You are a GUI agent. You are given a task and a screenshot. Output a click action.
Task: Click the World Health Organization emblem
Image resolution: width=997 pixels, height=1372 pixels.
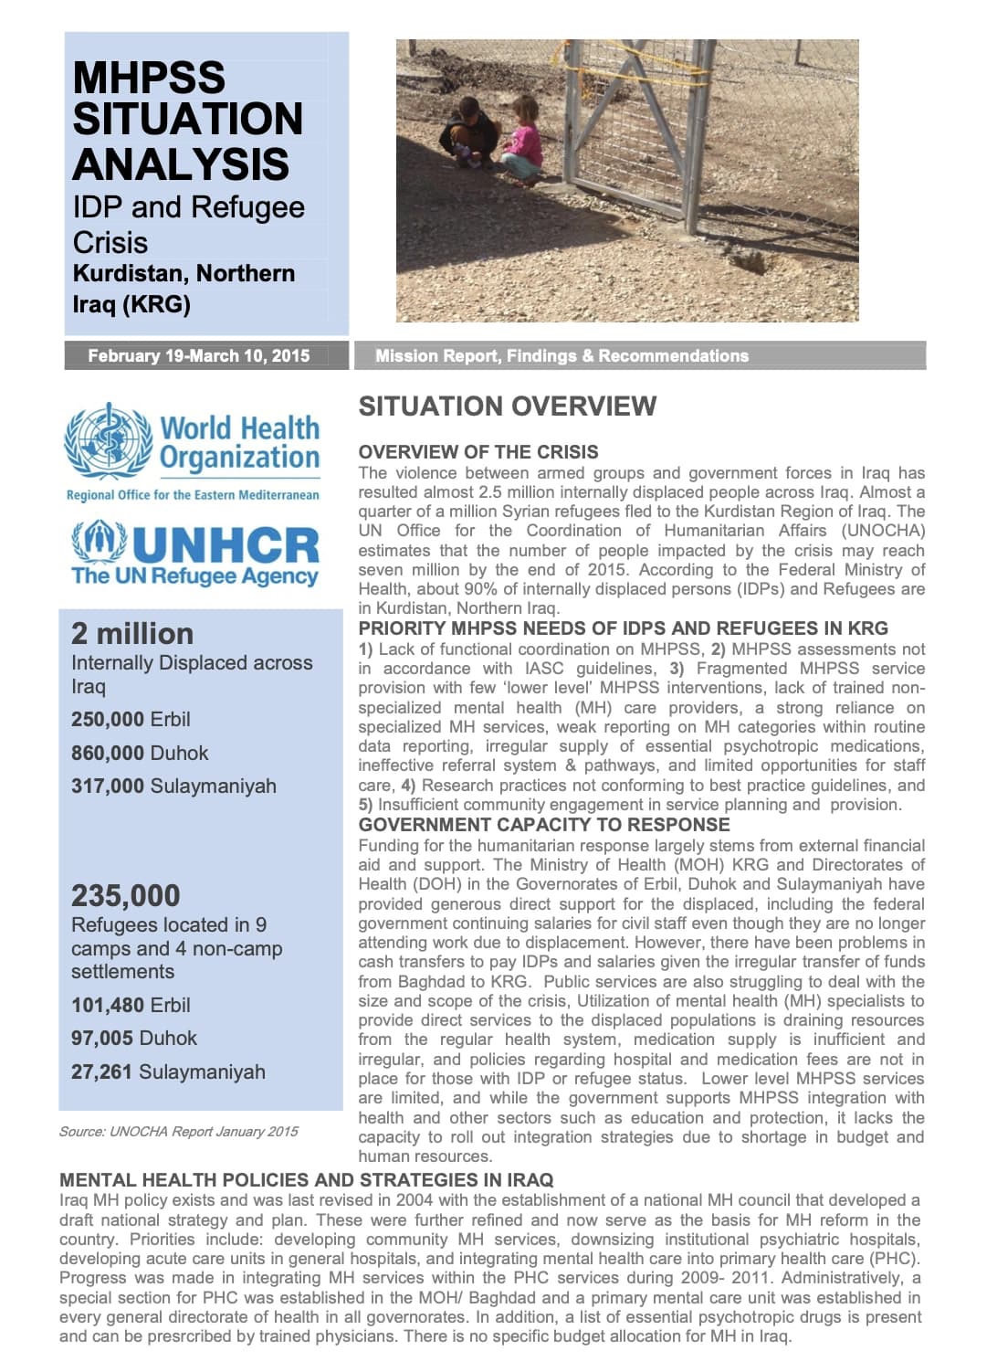click(x=108, y=440)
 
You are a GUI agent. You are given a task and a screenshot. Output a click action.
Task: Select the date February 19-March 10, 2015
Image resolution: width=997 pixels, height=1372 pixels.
click(x=198, y=356)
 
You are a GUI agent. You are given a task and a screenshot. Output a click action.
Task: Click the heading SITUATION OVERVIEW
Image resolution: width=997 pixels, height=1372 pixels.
click(x=507, y=406)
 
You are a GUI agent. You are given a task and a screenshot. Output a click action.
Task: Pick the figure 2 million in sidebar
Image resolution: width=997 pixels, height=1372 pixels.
click(x=132, y=633)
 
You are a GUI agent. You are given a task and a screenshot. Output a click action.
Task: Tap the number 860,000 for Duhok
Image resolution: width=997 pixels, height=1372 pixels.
click(x=108, y=753)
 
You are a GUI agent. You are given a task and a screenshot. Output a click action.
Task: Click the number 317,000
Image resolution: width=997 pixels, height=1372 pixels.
click(x=108, y=786)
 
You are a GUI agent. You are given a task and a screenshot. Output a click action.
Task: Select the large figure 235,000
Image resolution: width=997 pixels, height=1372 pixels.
click(x=126, y=895)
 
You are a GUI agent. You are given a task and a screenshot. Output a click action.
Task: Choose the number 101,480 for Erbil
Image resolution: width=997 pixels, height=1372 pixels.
click(x=108, y=1005)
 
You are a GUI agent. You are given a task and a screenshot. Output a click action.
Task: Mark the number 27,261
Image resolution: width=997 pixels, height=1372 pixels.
click(x=101, y=1071)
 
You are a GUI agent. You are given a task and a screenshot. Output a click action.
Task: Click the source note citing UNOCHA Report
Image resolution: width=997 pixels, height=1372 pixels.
click(x=179, y=1131)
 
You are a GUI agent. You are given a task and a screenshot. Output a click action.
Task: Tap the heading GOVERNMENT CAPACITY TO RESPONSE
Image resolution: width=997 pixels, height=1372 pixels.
click(x=544, y=825)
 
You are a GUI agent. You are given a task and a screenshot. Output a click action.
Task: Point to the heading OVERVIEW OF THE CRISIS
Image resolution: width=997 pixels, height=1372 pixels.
click(x=478, y=452)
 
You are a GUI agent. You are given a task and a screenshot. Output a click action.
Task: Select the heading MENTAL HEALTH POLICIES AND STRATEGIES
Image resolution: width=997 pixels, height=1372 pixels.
click(x=306, y=1180)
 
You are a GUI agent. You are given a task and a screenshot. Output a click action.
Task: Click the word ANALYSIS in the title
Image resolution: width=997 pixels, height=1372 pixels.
click(x=181, y=164)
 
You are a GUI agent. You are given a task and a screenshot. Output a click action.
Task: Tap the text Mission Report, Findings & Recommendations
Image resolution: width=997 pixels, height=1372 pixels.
click(x=561, y=356)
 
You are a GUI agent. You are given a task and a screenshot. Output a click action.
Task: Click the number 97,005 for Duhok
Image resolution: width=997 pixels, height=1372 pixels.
click(x=101, y=1038)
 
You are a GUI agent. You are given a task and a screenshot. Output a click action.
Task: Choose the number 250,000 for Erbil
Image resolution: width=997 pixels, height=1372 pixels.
click(x=108, y=719)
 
